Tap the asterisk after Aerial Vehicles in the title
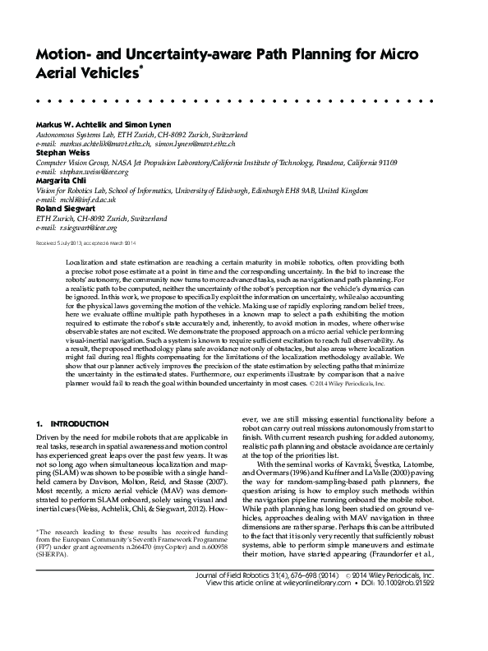[x=144, y=70]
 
